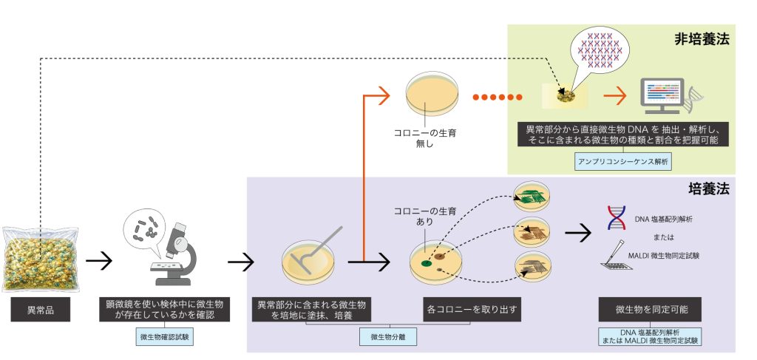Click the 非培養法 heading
point(702,39)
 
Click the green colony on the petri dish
point(427,261)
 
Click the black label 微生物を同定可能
point(648,309)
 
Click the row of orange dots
point(496,97)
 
